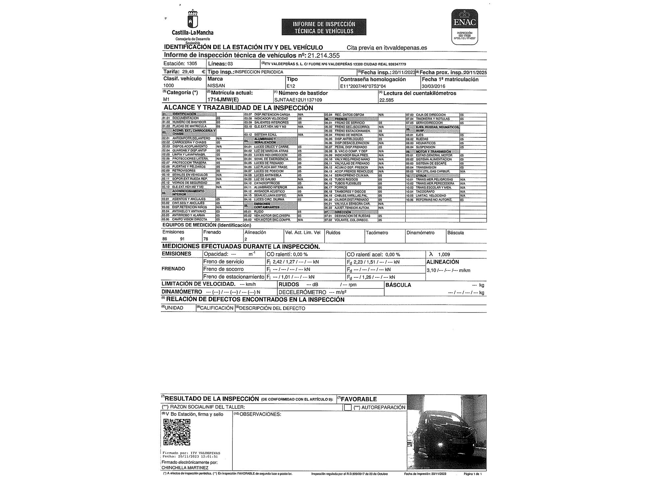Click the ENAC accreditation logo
click(465, 27)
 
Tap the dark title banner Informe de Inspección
click(324, 27)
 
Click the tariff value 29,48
click(188, 72)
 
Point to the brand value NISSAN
click(216, 86)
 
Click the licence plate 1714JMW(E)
click(223, 100)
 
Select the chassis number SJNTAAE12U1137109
click(298, 100)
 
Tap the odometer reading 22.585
click(386, 100)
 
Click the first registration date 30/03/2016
click(433, 86)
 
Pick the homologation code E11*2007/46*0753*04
click(363, 86)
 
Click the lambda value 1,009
click(444, 254)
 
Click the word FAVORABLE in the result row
click(359, 399)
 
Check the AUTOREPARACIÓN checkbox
click(348, 408)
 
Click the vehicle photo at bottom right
click(446, 432)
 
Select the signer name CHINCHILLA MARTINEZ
click(185, 468)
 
